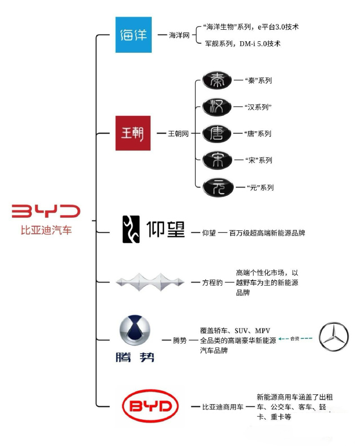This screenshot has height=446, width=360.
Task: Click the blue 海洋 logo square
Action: click(133, 34)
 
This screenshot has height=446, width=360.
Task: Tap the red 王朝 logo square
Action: click(133, 133)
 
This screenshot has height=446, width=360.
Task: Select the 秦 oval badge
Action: click(217, 80)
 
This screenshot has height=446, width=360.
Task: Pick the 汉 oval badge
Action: click(217, 107)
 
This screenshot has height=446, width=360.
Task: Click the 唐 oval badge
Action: click(217, 134)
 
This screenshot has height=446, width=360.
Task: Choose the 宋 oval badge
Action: click(217, 160)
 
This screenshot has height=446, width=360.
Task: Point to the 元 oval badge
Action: click(218, 187)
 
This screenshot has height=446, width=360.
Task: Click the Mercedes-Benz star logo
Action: click(333, 336)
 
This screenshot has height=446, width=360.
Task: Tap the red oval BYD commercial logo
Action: click(150, 406)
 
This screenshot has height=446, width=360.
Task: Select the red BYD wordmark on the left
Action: click(46, 211)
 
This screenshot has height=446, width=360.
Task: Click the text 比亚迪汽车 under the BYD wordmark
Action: click(46, 230)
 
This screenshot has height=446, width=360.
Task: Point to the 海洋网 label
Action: click(179, 36)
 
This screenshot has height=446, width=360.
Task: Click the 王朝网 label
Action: click(178, 133)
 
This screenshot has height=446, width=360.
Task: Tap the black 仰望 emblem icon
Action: click(131, 229)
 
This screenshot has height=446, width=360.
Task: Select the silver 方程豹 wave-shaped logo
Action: click(150, 282)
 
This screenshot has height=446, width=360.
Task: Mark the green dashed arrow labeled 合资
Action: click(295, 338)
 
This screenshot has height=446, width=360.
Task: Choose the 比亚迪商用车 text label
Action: click(223, 407)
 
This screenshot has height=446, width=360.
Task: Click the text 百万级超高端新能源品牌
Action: click(267, 233)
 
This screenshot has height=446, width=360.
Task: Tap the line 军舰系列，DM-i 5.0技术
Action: click(243, 43)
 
